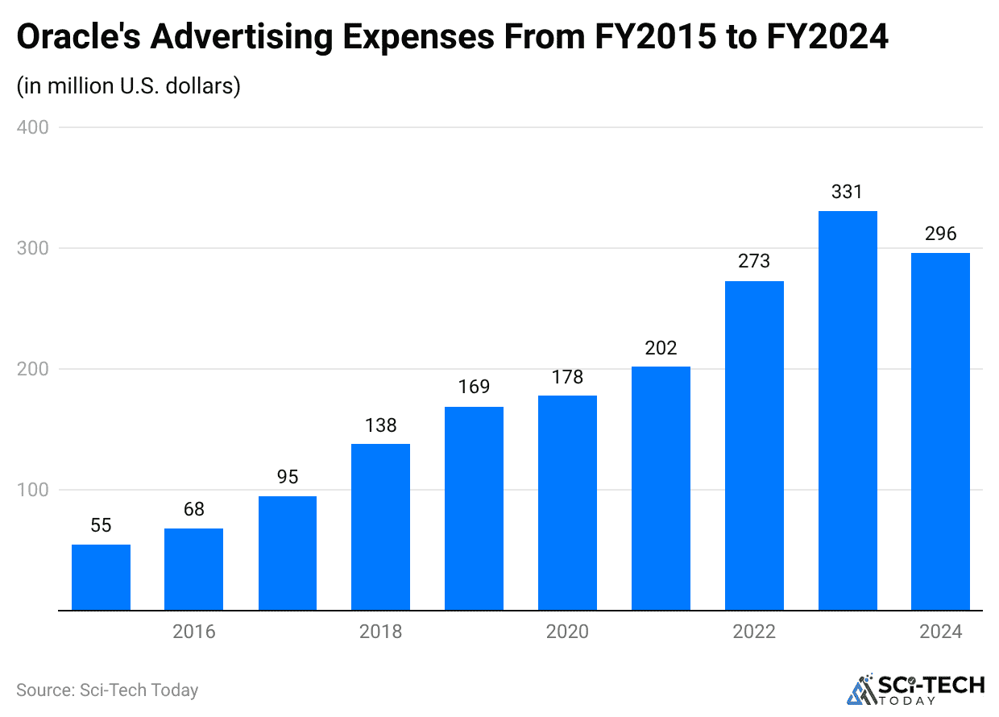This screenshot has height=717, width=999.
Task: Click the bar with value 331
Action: [x=848, y=411]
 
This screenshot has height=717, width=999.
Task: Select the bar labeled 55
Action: [x=101, y=578]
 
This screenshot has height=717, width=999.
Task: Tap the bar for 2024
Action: [x=940, y=432]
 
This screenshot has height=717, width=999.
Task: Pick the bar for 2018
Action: [x=380, y=527]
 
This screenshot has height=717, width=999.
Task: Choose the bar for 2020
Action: [x=567, y=503]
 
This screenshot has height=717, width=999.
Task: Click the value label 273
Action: [x=754, y=261]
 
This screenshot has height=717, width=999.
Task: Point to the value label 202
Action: [x=661, y=348]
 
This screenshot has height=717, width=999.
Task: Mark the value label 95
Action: [x=288, y=477]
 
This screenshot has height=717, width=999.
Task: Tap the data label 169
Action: [x=474, y=387]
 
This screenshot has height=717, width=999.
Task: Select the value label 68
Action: [x=194, y=509]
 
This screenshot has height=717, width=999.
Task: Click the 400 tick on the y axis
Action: [x=32, y=127]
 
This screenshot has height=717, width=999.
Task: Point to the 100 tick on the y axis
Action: [x=32, y=490]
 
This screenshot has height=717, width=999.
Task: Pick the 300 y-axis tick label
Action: [x=32, y=248]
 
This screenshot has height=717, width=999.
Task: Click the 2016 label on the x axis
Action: [x=194, y=632]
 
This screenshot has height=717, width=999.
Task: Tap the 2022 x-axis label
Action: [x=754, y=632]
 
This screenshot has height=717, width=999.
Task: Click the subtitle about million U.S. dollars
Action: [x=129, y=85]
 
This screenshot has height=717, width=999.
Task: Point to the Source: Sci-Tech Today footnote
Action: [x=107, y=690]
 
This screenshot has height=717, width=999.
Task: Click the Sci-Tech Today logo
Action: [x=915, y=689]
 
